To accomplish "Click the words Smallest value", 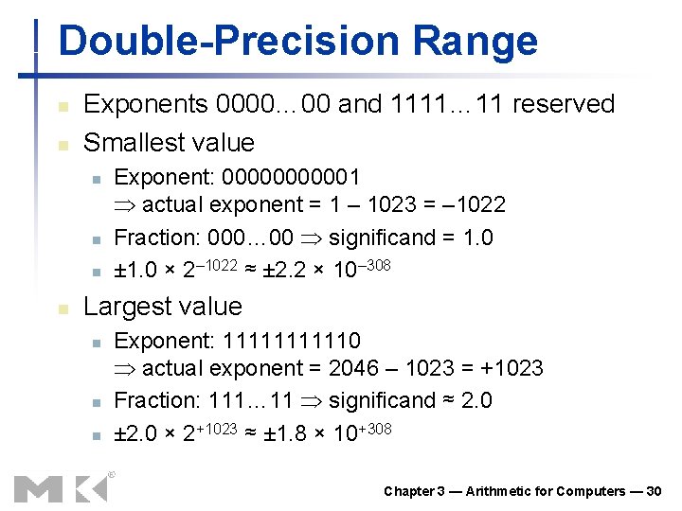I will pos(170,143).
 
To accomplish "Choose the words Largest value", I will pos(163,307).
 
